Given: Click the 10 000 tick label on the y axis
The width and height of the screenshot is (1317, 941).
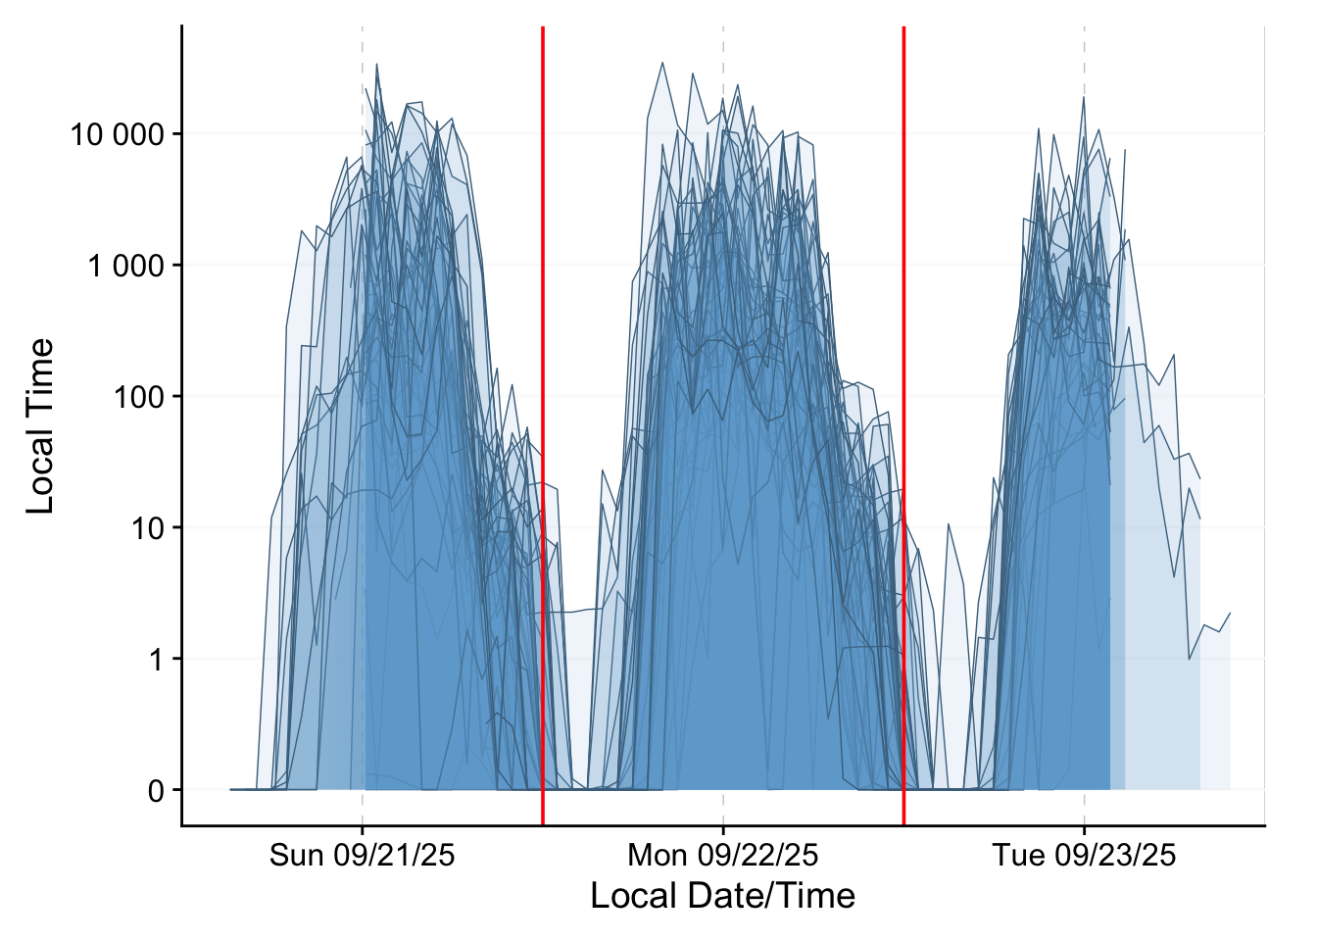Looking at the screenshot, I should [117, 134].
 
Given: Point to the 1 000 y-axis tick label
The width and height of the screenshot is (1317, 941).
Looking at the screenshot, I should [125, 266].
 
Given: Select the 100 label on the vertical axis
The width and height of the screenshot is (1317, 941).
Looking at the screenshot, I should [139, 397].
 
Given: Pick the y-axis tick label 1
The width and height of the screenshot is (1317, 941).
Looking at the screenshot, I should [156, 660].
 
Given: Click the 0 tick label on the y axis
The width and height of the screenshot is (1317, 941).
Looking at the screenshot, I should [156, 791].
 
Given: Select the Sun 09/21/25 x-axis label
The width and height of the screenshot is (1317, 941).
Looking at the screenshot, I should [363, 856].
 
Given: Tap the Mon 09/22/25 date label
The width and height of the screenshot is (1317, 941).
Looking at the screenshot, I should [723, 856].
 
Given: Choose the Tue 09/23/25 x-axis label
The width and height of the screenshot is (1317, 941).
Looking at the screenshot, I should [1084, 856].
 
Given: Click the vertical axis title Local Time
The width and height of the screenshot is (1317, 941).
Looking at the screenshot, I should [40, 426].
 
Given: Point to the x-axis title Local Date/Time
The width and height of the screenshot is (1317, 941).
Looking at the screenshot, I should [723, 896].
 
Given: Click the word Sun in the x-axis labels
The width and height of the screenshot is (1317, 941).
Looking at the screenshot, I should [297, 856].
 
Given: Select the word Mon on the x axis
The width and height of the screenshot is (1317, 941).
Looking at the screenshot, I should [658, 856].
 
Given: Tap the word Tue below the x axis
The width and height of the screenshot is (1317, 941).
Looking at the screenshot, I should [1019, 856].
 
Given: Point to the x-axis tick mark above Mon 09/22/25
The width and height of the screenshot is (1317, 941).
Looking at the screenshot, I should [723, 830].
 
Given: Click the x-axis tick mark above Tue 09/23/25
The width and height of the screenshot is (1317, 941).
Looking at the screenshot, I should [1084, 830].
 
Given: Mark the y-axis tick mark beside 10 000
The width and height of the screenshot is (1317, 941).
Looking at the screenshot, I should [176, 134].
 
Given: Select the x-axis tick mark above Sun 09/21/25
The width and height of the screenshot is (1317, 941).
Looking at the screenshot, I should [363, 830].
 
